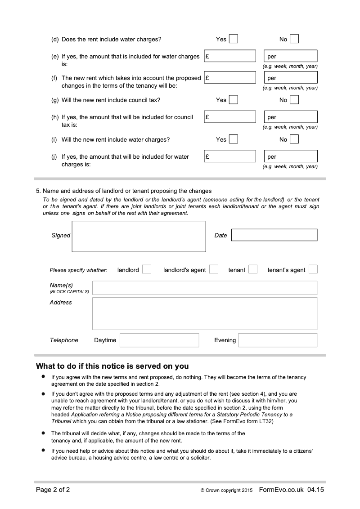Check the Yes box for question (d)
pos(233,39)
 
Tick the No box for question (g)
pos(294,100)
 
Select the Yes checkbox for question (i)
pos(233,139)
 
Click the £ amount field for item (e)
pos(230,56)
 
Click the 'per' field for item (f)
pos(291,77)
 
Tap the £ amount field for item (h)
pos(230,117)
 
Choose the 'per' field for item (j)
pos(291,156)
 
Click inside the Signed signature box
pos(139,236)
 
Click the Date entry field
pos(274,235)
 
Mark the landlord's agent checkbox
pos(214,269)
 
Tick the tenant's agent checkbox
pos(313,269)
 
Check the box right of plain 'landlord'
pos(147,269)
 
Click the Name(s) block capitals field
pos(204,288)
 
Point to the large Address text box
pos(204,313)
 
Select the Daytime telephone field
pos(159,340)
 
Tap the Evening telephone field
pos(278,340)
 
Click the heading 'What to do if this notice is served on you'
pos(112,366)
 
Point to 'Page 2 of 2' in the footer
pos(53,490)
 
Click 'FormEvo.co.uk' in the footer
pos(281,490)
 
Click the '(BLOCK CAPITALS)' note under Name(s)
pos(69,292)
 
